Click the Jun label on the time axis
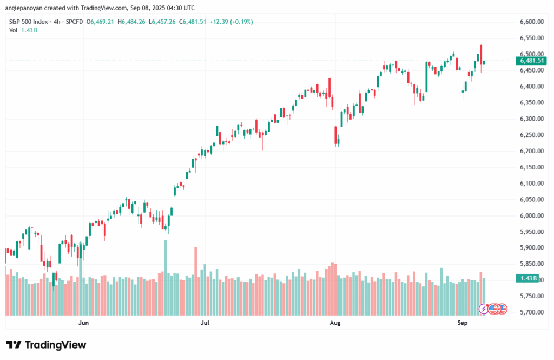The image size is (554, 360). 83,323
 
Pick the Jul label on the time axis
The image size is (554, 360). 205,323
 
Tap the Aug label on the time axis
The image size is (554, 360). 335,323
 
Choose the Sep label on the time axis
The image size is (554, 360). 462,323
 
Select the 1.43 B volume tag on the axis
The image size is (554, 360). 528,278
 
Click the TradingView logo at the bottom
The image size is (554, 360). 46,345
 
